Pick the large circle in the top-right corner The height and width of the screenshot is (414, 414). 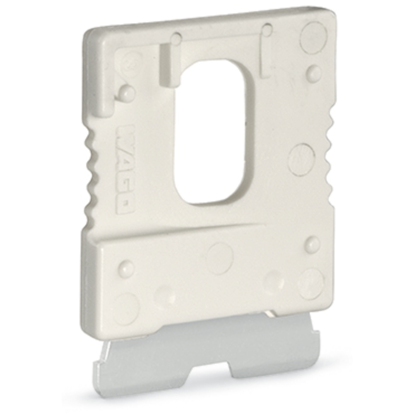click(x=313, y=37)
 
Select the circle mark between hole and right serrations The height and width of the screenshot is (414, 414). click(x=302, y=159)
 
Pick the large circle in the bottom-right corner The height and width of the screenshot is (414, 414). click(x=310, y=284)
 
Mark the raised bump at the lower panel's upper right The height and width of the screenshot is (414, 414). click(x=312, y=244)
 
